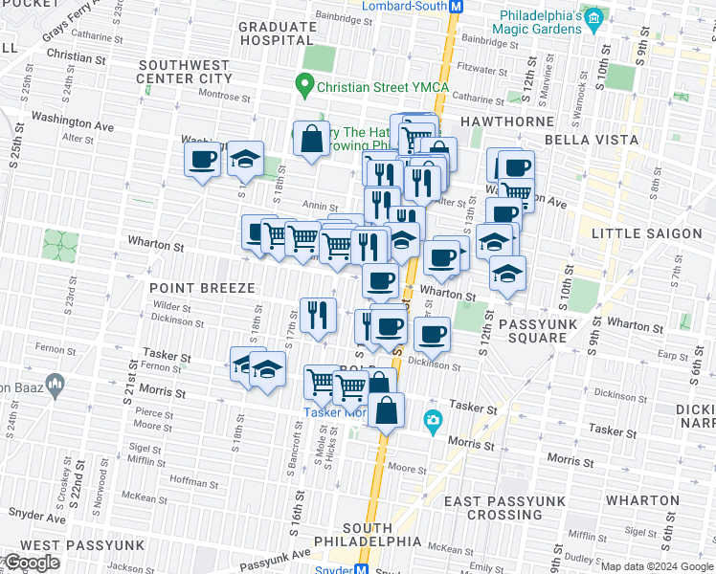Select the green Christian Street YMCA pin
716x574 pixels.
coord(305,87)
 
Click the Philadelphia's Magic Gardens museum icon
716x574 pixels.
coord(593,18)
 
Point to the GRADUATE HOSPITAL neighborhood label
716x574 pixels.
coord(276,34)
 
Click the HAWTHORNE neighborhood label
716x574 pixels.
coord(506,121)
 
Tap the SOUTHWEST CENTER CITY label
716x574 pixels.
coord(185,71)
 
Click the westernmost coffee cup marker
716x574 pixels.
coord(202,159)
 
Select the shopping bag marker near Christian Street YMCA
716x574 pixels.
coord(312,139)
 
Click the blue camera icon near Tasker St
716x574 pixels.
coord(433,420)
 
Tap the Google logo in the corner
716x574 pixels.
coord(32,563)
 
